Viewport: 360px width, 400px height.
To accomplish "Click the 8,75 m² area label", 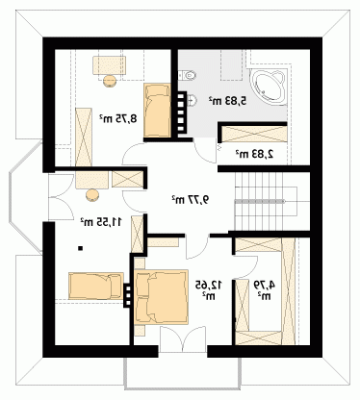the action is click(117, 118).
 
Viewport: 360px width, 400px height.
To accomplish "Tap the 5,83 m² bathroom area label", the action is click(228, 101).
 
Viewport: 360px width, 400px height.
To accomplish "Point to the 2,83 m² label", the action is click(255, 154).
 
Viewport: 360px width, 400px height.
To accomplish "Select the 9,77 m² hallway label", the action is click(190, 200).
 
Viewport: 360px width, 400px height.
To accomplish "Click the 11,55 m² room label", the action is click(101, 221).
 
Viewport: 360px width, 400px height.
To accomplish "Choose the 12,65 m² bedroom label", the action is click(209, 290).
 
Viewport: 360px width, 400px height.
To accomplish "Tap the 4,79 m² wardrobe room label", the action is click(265, 290).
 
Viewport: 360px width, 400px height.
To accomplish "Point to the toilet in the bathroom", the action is click(187, 75).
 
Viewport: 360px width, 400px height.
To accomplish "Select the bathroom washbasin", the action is click(192, 100).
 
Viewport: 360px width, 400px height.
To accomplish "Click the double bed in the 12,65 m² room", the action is click(161, 296).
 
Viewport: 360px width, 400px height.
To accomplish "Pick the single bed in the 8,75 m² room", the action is click(157, 110).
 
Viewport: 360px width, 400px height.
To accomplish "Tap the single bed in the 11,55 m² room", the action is click(96, 286).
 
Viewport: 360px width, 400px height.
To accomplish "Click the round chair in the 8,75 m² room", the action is click(110, 80).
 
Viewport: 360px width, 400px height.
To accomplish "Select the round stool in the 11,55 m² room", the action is click(92, 195).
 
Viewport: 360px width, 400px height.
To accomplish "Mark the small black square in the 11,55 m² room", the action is click(81, 248).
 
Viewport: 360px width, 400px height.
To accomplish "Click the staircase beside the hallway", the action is click(266, 201).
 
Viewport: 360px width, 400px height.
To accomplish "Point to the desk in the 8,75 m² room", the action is click(110, 65).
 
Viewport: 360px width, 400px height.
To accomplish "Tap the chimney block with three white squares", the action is click(128, 295).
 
